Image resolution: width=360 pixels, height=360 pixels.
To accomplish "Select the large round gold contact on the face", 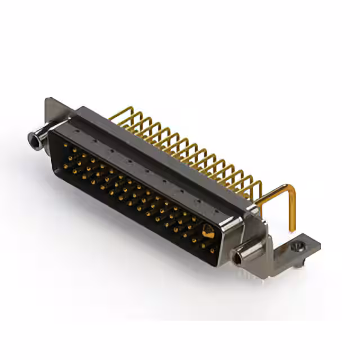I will [x=208, y=230].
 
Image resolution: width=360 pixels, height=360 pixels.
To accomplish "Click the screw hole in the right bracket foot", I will [x=297, y=245].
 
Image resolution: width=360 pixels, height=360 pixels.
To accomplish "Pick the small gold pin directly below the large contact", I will [x=211, y=245].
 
